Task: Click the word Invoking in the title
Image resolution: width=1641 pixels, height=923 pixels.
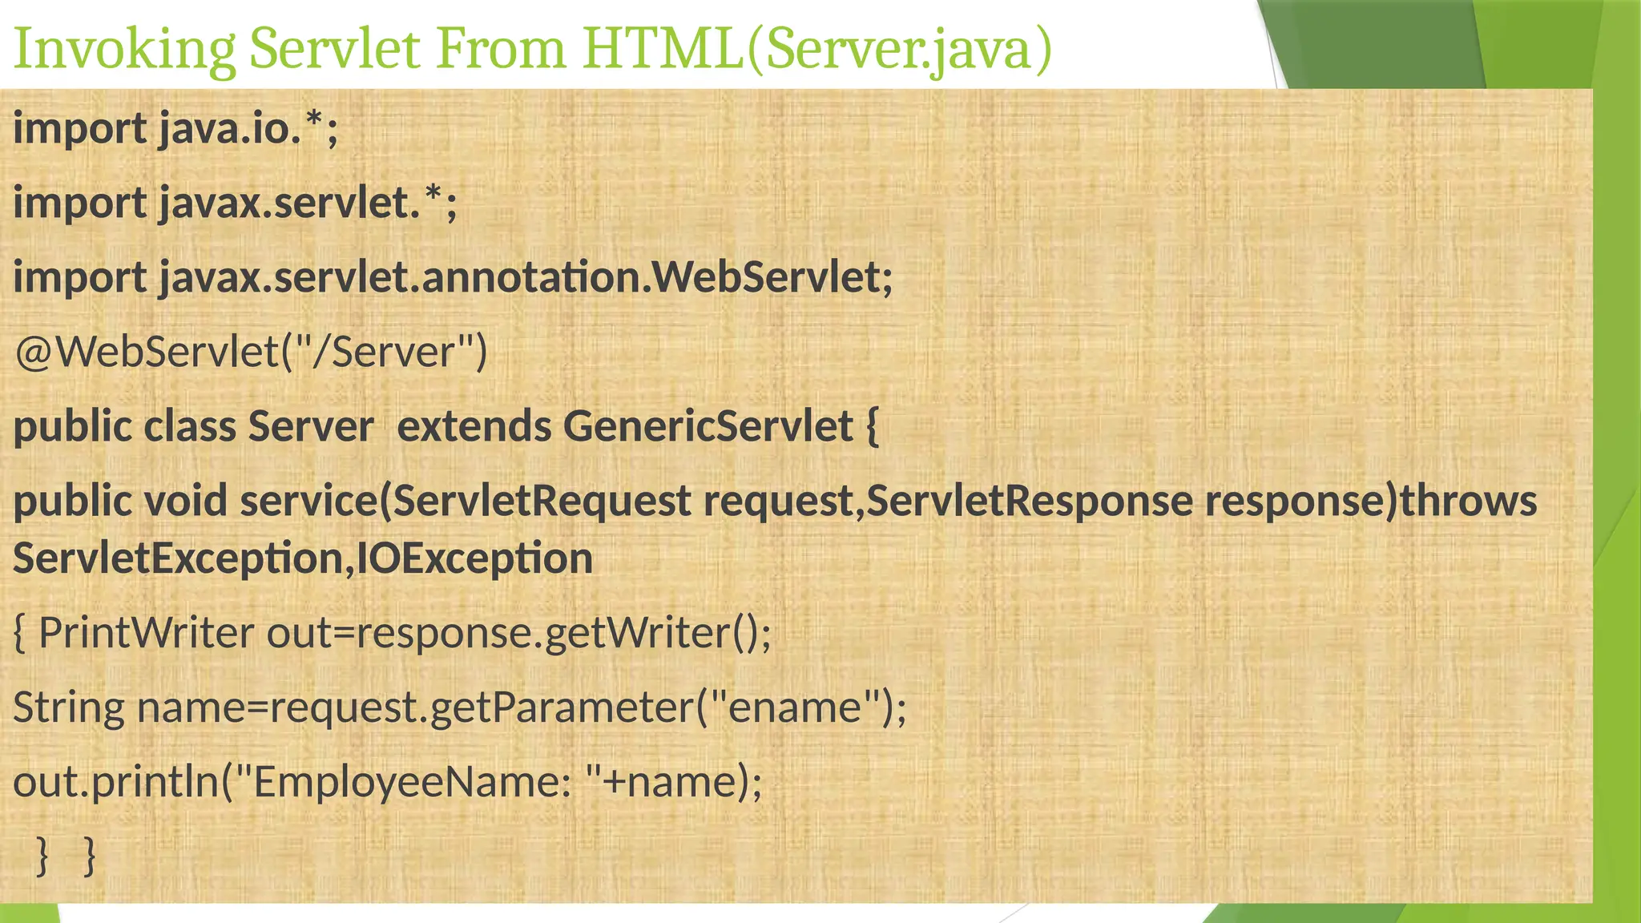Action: tap(125, 50)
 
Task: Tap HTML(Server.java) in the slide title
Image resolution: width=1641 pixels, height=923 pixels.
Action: tap(816, 50)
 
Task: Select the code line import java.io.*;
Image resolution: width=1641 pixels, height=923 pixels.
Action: tap(176, 128)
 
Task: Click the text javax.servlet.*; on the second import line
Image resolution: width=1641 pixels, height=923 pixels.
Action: tap(308, 203)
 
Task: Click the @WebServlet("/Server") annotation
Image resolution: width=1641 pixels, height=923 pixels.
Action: tap(251, 352)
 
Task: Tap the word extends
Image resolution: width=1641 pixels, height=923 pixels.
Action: tap(474, 426)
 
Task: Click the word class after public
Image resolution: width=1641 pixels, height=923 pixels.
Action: tap(189, 426)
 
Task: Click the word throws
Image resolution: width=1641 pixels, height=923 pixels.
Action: tap(1468, 501)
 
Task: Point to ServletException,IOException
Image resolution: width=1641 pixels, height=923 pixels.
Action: tap(303, 558)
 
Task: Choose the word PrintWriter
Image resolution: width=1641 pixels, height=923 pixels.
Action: tap(146, 633)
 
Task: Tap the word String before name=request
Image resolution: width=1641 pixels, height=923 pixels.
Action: tap(69, 707)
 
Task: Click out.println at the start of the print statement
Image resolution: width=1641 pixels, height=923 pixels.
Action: tap(115, 782)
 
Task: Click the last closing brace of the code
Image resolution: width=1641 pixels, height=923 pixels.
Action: tap(90, 856)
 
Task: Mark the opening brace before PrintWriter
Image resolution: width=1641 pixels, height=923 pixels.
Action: tap(20, 633)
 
